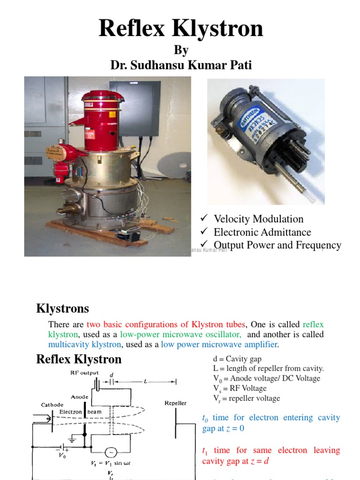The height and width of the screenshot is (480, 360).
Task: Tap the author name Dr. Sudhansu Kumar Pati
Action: pos(181,65)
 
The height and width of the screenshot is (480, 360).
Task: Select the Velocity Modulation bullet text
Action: pos(258,219)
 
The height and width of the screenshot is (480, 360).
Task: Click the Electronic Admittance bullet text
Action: pos(262,232)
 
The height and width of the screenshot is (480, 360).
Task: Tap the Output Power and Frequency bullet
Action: pos(277,245)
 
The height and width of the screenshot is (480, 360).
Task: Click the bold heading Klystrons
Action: pos(62,309)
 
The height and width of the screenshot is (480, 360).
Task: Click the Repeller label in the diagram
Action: pos(175,403)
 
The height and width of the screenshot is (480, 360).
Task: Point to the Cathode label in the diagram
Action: pos(52,405)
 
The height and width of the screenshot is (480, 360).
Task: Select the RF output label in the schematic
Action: pos(85,373)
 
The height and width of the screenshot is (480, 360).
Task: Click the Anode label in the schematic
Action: pos(80,397)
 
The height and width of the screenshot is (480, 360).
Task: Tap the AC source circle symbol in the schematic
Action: pos(111,452)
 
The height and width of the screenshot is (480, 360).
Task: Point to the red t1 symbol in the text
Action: pos(204,451)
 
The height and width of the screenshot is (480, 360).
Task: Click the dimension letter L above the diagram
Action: pos(146,382)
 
